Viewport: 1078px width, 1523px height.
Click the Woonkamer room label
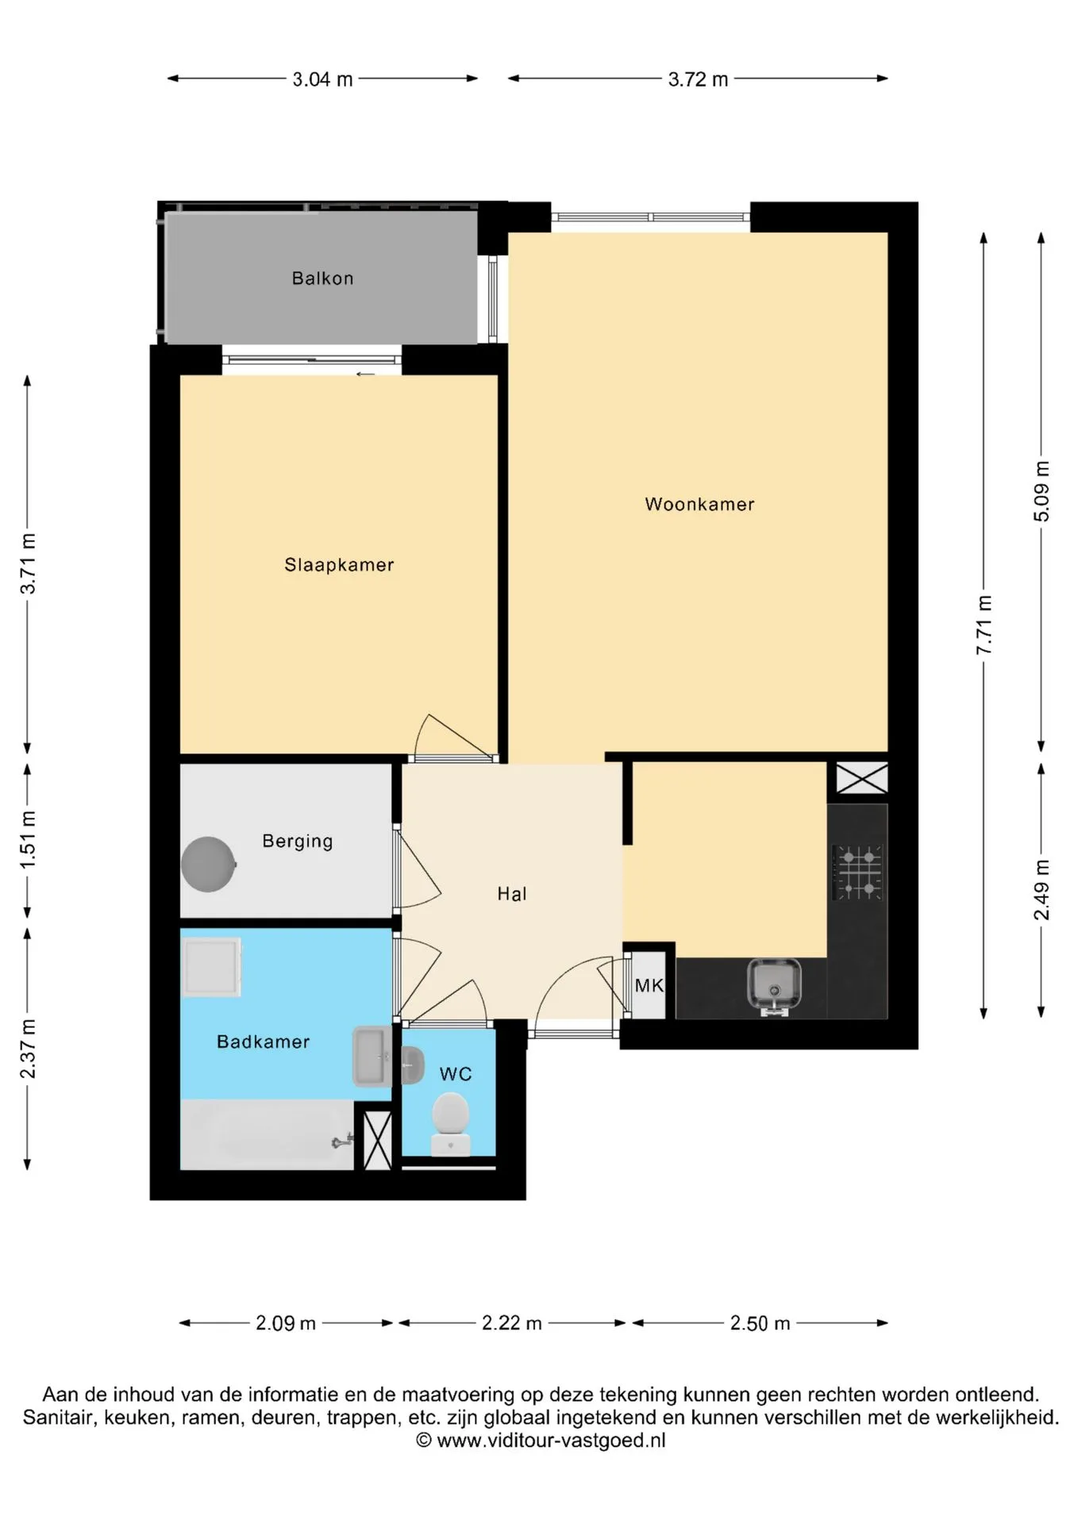(699, 504)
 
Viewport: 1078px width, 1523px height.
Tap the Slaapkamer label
(339, 565)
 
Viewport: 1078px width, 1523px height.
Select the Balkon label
(322, 278)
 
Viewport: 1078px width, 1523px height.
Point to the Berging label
(298, 841)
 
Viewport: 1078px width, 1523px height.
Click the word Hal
(512, 894)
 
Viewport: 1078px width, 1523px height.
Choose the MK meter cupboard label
(649, 986)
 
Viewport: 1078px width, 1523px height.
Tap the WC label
(456, 1074)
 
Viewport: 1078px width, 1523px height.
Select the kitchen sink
(774, 987)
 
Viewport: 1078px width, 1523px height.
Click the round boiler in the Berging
(209, 865)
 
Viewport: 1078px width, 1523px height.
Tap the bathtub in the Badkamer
(267, 1134)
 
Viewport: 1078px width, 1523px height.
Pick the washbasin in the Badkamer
(372, 1056)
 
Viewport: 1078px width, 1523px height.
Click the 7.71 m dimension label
(984, 625)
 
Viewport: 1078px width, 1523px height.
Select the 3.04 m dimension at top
(322, 79)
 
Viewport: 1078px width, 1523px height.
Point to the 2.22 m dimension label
(512, 1323)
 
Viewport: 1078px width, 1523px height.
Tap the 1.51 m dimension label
(28, 839)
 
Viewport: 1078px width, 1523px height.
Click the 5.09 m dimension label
(1041, 491)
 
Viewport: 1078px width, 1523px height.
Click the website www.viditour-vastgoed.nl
(551, 1441)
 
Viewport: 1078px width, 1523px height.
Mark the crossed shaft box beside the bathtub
(378, 1141)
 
